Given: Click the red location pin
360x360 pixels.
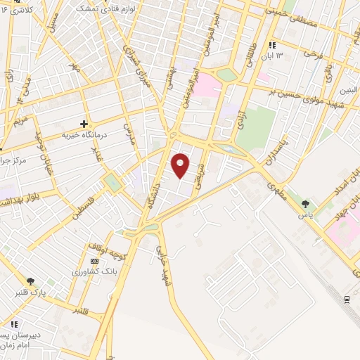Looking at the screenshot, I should click(x=181, y=165).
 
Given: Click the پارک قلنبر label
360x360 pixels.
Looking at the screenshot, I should click(x=31, y=292).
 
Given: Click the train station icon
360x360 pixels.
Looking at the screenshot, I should click(x=347, y=299).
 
